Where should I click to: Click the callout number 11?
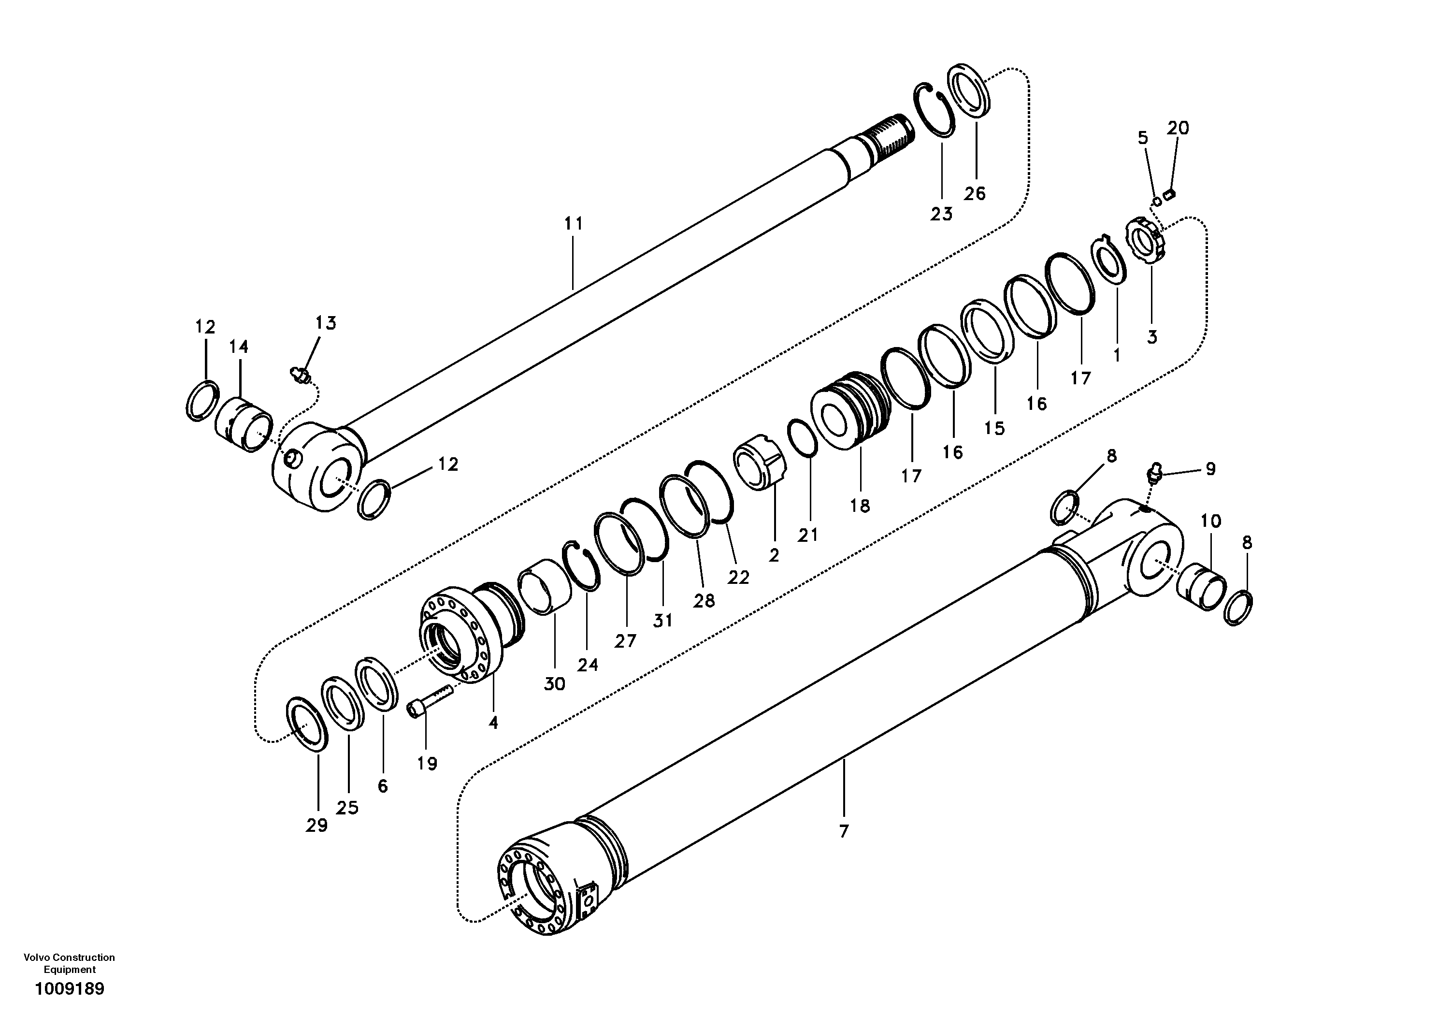[573, 224]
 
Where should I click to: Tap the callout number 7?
[844, 832]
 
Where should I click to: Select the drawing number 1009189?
[70, 989]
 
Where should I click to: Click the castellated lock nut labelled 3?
[1150, 243]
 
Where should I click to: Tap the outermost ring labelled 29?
[307, 723]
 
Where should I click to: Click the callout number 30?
[554, 684]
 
